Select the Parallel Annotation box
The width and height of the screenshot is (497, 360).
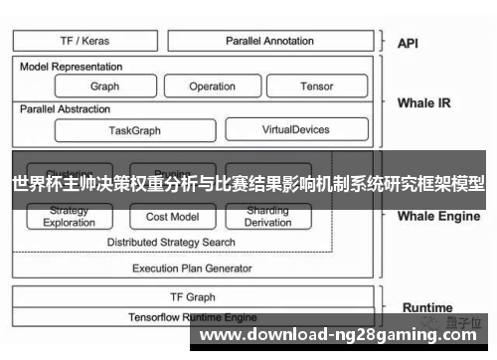[x=269, y=41]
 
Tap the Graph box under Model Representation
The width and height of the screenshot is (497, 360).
[x=104, y=87]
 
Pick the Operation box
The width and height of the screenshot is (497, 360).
[x=213, y=87]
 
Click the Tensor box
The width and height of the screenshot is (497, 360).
[x=317, y=87]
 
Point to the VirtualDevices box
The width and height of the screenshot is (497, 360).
[x=296, y=129]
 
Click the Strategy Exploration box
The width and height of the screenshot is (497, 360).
[x=70, y=217]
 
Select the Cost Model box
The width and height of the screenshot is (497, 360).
[x=172, y=217]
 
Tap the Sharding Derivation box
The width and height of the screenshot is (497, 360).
[x=267, y=217]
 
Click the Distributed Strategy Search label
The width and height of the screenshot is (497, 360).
[x=172, y=242]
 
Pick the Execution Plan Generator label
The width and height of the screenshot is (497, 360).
[x=192, y=268]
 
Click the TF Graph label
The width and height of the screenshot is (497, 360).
[x=192, y=296]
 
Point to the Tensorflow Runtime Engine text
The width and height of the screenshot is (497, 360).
[x=192, y=316]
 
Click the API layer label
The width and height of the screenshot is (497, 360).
[x=409, y=43]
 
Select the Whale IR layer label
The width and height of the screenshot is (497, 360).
[x=423, y=102]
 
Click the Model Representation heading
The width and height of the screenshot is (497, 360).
[x=72, y=67]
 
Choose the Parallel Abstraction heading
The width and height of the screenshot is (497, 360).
[x=66, y=108]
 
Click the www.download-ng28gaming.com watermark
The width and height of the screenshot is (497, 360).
[x=343, y=334]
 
